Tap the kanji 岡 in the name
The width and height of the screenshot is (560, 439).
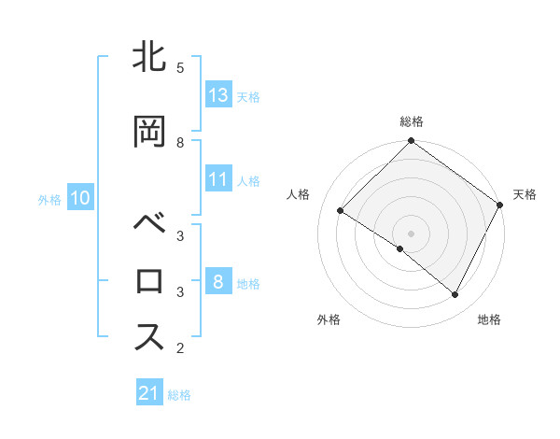[x=149, y=133]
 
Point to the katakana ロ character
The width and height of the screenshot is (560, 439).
[x=149, y=281]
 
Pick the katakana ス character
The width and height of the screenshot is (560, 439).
[x=149, y=337]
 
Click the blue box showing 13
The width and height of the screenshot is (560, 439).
[x=218, y=95]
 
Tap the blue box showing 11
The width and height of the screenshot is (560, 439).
[x=218, y=179]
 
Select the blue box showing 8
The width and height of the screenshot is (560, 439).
[x=218, y=282]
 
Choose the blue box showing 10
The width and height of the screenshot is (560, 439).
[x=80, y=198]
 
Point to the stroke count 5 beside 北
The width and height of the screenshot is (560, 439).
[x=180, y=68]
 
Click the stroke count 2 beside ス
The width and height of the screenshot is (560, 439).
[x=180, y=349]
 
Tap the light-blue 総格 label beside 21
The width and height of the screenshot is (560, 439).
[x=179, y=395]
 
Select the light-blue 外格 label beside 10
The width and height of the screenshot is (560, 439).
[x=49, y=199]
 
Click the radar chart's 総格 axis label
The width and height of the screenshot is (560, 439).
[x=412, y=121]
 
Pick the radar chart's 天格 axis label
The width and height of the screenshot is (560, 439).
[x=525, y=194]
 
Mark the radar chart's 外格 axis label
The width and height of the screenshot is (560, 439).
[x=329, y=319]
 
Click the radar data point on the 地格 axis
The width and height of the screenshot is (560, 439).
[x=455, y=295]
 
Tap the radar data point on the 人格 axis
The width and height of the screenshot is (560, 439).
[x=341, y=211]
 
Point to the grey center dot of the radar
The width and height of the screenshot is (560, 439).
[x=411, y=233]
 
